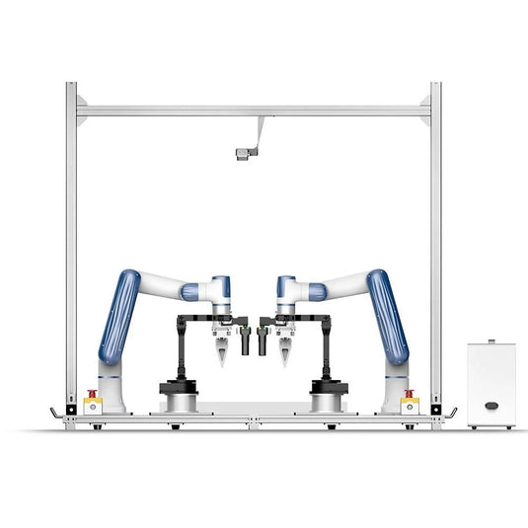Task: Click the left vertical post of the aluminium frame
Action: (71, 247)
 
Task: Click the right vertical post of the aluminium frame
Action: (435, 247)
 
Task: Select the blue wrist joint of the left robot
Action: (222, 289)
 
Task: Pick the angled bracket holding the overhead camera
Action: (259, 132)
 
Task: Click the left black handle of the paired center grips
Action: (246, 341)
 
